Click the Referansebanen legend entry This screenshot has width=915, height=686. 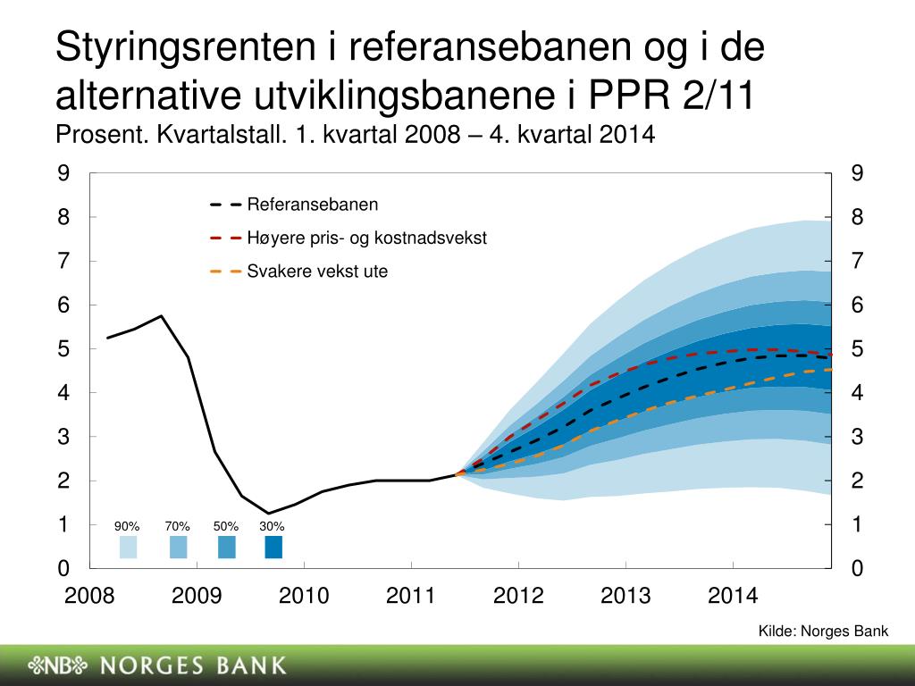click(x=294, y=205)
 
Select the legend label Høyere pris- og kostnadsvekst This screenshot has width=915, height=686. click(x=348, y=238)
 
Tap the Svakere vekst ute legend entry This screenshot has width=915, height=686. click(x=298, y=272)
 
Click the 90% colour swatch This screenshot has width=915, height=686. click(x=129, y=548)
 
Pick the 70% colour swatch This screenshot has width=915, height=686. click(x=178, y=548)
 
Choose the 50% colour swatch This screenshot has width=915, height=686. click(x=226, y=548)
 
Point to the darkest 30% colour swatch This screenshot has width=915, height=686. click(x=273, y=548)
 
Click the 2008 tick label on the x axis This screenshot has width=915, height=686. click(x=89, y=596)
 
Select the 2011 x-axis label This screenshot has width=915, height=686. click(x=411, y=596)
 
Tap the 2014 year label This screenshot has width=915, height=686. click(x=733, y=596)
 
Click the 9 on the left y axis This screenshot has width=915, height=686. click(x=63, y=173)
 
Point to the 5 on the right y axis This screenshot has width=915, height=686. click(x=857, y=349)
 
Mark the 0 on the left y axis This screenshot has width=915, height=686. click(x=63, y=568)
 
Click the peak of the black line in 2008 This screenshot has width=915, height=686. click(x=161, y=315)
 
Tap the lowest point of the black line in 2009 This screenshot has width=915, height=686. click(x=268, y=514)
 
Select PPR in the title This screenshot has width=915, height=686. click(x=628, y=94)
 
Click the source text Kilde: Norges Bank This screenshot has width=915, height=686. click(x=823, y=631)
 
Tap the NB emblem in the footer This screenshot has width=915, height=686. click(x=58, y=665)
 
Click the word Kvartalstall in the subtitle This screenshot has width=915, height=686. click(x=222, y=135)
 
